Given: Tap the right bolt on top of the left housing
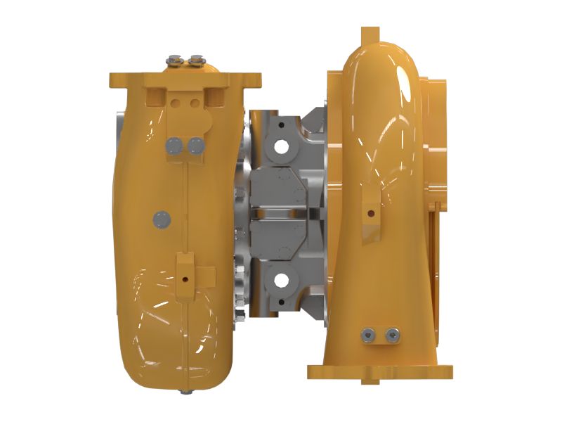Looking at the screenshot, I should click(x=197, y=60).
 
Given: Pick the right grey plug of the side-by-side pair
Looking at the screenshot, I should click(x=195, y=146).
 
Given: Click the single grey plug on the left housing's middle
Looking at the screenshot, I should click(x=162, y=219).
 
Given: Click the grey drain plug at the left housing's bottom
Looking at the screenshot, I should click(x=184, y=391).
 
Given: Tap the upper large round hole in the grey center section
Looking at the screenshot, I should click(x=281, y=147).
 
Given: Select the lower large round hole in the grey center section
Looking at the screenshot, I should click(x=281, y=281).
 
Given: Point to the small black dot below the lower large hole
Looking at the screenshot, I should click(x=281, y=303).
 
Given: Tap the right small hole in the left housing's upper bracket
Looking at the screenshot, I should click(x=193, y=103).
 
